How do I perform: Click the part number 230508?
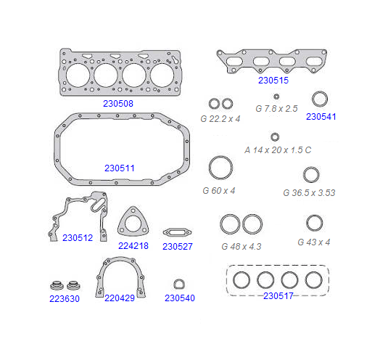(x=118, y=104)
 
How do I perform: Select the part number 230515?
(x=273, y=81)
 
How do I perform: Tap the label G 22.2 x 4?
(x=220, y=119)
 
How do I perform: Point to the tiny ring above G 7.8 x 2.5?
(x=276, y=97)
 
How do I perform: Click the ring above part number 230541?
(x=320, y=92)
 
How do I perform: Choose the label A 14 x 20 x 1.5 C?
(x=278, y=150)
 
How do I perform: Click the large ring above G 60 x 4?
(x=220, y=157)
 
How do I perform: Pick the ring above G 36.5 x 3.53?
(x=311, y=168)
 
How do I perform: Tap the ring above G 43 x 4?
(x=314, y=216)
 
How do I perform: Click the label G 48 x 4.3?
(x=241, y=247)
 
